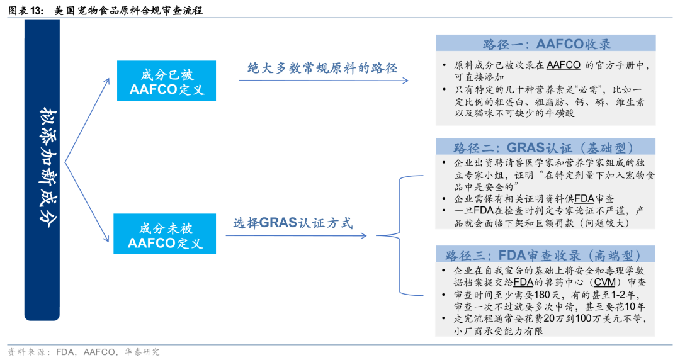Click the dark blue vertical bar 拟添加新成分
pyautogui.click(x=42, y=170)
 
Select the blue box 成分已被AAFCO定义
pyautogui.click(x=167, y=81)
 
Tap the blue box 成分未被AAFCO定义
pyautogui.click(x=167, y=234)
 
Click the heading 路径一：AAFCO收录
pyautogui.click(x=547, y=44)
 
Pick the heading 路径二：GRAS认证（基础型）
pyautogui.click(x=547, y=148)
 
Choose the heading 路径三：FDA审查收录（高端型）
pyautogui.click(x=547, y=255)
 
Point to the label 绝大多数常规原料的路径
pyautogui.click(x=322, y=68)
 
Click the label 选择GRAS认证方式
pyautogui.click(x=293, y=223)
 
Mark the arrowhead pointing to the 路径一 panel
pyautogui.click(x=405, y=81)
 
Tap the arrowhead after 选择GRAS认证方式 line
pyautogui.click(x=363, y=236)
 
